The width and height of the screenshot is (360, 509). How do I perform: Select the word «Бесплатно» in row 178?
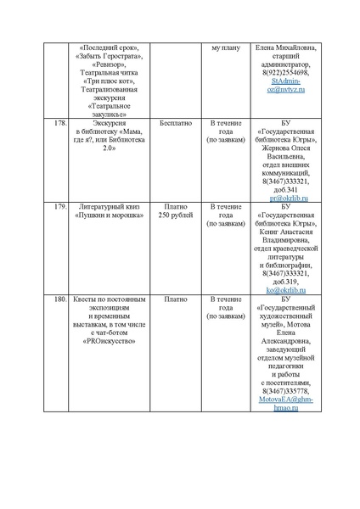[174, 123]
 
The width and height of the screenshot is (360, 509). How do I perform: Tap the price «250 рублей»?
[175, 215]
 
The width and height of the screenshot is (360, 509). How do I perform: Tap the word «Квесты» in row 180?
[87, 299]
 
